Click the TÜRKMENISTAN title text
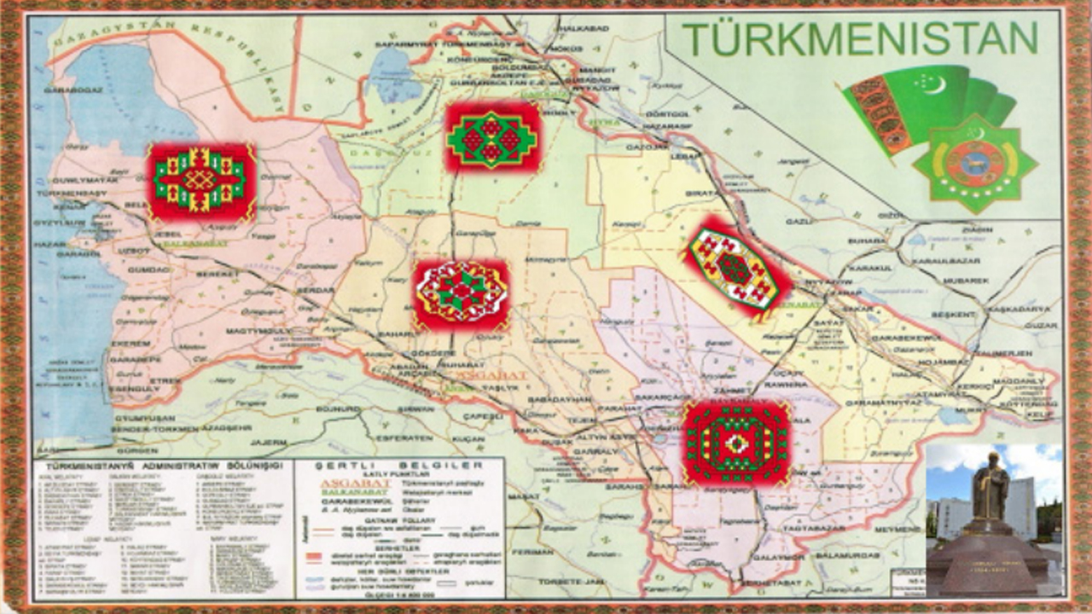[860, 38]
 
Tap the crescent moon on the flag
[937, 83]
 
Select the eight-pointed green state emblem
[974, 162]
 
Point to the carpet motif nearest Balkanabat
[201, 182]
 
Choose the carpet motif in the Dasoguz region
[492, 136]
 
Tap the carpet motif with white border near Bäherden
[461, 294]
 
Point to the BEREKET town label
[218, 275]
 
